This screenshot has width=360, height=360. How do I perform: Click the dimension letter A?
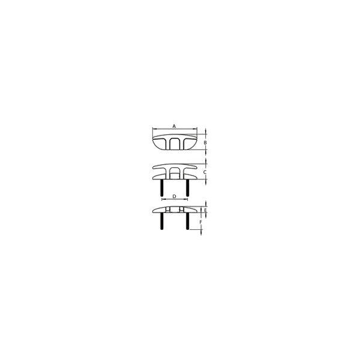pyautogui.click(x=174, y=126)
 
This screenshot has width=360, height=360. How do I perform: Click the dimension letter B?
pyautogui.click(x=205, y=143)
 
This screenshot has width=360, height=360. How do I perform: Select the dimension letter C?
pyautogui.click(x=205, y=172)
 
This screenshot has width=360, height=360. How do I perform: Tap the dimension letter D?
pyautogui.click(x=174, y=196)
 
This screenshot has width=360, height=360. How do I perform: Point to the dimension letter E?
pyautogui.click(x=205, y=210)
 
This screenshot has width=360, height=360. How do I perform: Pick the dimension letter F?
pyautogui.click(x=200, y=222)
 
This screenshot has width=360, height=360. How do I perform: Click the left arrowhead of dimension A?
pyautogui.click(x=154, y=129)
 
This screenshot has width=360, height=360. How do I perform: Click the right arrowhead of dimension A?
pyautogui.click(x=196, y=129)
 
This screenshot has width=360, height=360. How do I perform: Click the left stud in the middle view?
pyautogui.click(x=162, y=188)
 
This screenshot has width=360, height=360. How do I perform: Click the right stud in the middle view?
pyautogui.click(x=187, y=188)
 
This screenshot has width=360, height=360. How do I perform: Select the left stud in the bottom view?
pyautogui.click(x=162, y=221)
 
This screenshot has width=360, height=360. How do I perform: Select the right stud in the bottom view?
pyautogui.click(x=187, y=221)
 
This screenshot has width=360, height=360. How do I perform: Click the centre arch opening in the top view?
pyautogui.click(x=175, y=144)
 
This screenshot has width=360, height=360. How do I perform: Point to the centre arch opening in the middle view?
pyautogui.click(x=175, y=173)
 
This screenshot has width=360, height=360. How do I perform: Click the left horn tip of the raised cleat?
pyautogui.click(x=153, y=167)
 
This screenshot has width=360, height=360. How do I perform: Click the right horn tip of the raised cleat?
pyautogui.click(x=197, y=167)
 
